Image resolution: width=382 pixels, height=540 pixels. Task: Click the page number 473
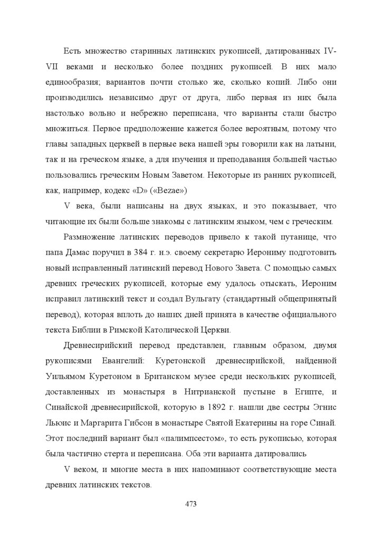[x=191, y=504]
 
